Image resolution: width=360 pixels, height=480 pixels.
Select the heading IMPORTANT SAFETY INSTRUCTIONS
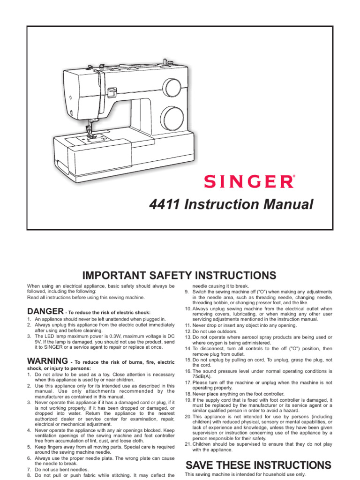tap(180, 275)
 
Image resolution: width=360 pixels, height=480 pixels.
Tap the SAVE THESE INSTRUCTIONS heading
tap(259, 465)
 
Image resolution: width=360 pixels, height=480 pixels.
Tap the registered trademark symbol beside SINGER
tap(294, 177)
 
